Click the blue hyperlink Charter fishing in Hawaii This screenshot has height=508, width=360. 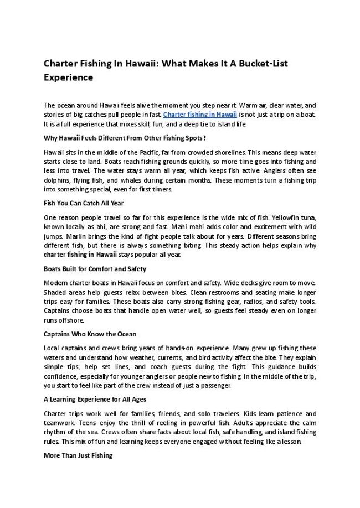pos(200,115)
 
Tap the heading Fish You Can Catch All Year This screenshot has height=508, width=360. pos(84,203)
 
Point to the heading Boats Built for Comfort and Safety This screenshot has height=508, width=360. pos(95,269)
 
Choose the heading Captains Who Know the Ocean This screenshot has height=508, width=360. pos(90,334)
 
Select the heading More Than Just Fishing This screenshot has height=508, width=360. pos(78,455)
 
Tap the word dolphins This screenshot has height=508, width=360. pos(56,180)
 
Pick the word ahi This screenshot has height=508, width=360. pos(110,227)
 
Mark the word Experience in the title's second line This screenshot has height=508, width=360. pos(68,78)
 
